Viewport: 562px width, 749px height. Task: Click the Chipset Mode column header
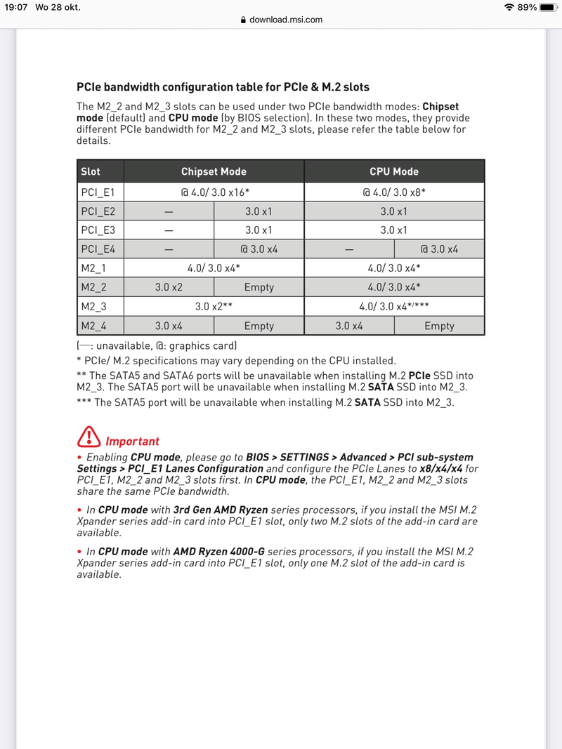[214, 171]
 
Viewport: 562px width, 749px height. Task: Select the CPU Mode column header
[394, 171]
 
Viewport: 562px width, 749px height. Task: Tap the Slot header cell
[91, 171]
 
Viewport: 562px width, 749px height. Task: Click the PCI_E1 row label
[93, 192]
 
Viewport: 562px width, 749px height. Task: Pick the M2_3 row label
[93, 307]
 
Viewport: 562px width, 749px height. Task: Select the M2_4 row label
[93, 326]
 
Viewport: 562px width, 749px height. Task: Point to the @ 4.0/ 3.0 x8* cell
[394, 192]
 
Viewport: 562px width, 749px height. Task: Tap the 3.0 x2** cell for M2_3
[214, 307]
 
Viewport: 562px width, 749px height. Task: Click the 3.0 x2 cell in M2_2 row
[169, 287]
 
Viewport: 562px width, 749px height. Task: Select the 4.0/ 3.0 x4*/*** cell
[394, 307]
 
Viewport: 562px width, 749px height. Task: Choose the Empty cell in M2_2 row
[259, 287]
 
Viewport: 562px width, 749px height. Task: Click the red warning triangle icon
[89, 439]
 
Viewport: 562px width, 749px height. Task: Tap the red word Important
[132, 442]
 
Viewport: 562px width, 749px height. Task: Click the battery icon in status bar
[548, 7]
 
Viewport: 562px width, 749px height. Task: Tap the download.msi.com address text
[286, 20]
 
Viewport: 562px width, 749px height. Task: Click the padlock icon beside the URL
[244, 20]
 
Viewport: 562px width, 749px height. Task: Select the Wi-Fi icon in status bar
[509, 7]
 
